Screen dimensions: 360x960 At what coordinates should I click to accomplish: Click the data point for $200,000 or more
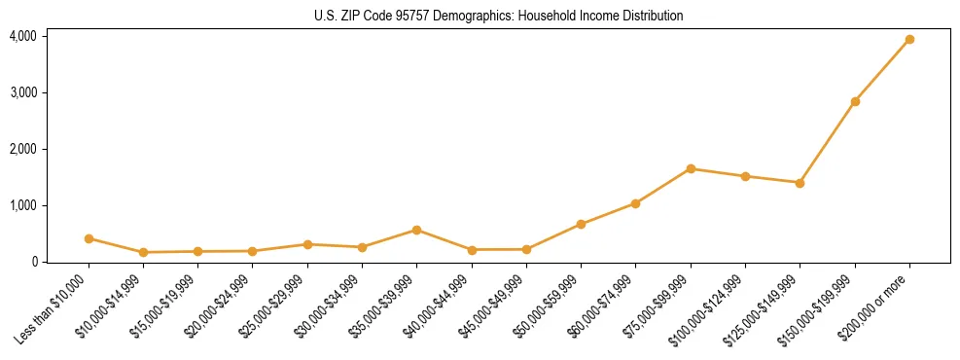(x=909, y=40)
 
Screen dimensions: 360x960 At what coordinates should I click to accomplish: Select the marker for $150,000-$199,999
(x=855, y=101)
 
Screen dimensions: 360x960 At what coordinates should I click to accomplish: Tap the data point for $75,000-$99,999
(x=691, y=168)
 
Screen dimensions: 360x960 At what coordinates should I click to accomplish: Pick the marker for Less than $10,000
(x=89, y=238)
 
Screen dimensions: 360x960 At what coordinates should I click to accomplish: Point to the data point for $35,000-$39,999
(x=416, y=230)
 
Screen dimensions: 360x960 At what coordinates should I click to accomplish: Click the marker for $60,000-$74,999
(x=635, y=203)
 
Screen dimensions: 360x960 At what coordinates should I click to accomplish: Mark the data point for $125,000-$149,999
(x=800, y=183)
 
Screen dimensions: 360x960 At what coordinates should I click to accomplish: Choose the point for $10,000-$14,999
(x=143, y=252)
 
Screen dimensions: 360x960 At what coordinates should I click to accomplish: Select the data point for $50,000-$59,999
(x=581, y=224)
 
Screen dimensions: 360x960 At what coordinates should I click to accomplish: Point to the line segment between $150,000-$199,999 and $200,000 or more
(x=882, y=70)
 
